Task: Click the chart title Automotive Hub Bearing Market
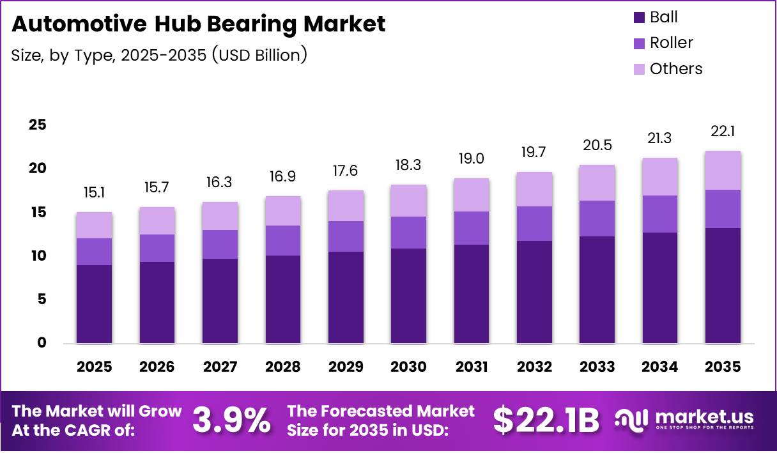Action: [x=199, y=24]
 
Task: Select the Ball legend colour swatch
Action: [x=639, y=17]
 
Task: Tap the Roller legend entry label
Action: [x=671, y=43]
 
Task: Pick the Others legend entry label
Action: [x=675, y=68]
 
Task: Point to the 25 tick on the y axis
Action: [x=37, y=125]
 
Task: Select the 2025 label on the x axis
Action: [x=94, y=367]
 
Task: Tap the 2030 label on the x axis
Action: [x=408, y=367]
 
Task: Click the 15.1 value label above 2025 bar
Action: [x=94, y=192]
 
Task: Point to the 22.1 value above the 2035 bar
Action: [x=723, y=131]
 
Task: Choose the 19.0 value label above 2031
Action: [x=472, y=158]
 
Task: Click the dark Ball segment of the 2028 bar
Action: [x=282, y=299]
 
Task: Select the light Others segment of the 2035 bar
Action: [x=723, y=171]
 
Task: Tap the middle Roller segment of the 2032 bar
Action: [x=534, y=224]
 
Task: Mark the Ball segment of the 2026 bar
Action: [x=157, y=302]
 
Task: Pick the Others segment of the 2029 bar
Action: [x=346, y=206]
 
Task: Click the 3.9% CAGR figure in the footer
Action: [x=231, y=420]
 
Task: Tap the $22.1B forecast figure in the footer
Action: [x=546, y=420]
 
